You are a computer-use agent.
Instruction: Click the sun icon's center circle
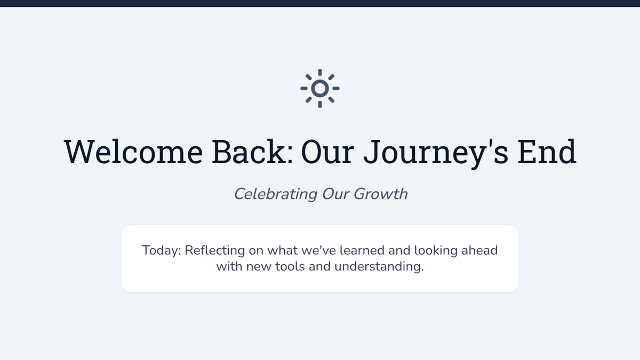coord(320,89)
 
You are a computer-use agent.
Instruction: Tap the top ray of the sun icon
coord(320,73)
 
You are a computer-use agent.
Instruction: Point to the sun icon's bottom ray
coord(320,105)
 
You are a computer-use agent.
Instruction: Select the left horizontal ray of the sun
coord(304,89)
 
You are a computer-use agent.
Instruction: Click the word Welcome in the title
coord(133,151)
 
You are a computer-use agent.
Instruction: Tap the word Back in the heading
coord(253,151)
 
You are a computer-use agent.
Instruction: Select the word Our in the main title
coord(327,151)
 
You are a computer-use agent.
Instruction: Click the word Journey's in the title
coord(436,154)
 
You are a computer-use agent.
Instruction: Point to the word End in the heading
coord(547,151)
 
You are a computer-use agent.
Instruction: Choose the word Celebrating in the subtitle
coord(275,194)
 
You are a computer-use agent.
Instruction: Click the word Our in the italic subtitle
coord(335,194)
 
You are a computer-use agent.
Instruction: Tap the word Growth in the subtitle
coord(381,194)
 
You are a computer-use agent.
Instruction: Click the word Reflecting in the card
coord(215,251)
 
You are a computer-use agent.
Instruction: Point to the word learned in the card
coord(362,250)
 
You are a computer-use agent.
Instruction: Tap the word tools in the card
coord(290,267)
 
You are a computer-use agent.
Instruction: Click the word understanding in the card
coord(379,267)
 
